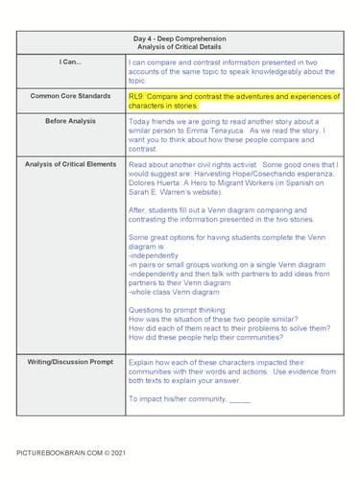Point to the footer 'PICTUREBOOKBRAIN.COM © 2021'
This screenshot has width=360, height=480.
pyautogui.click(x=70, y=449)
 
